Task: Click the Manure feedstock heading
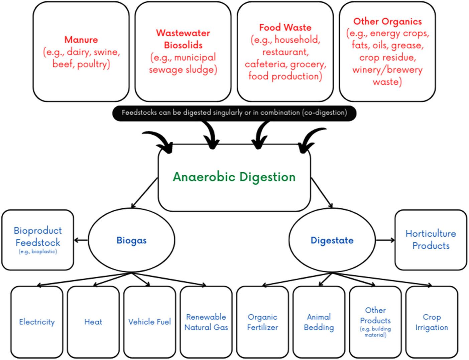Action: tap(81, 39)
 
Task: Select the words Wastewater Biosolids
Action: tap(183, 39)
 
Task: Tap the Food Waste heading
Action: tap(285, 27)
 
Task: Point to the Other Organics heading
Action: tap(387, 21)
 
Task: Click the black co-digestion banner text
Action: tap(234, 113)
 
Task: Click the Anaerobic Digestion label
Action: tap(234, 177)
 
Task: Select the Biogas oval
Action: tap(131, 240)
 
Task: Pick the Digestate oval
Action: tap(332, 240)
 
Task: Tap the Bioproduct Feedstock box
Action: tap(37, 239)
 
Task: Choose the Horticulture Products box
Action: tap(431, 239)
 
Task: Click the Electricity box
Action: tap(37, 322)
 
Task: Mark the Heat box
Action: tap(93, 322)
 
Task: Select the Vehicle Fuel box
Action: tap(149, 322)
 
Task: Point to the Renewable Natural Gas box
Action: tap(206, 322)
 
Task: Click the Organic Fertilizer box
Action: tap(262, 322)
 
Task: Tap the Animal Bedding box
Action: tap(319, 322)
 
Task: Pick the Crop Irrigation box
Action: tap(432, 322)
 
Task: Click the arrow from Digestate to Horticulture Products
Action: tap(385, 240)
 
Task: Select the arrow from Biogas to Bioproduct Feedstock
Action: tap(81, 240)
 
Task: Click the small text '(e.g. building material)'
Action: tap(375, 332)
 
